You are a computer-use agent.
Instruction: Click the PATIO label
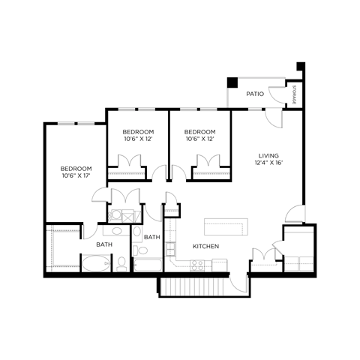tap(253, 94)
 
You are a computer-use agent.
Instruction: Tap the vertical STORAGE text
tap(295, 94)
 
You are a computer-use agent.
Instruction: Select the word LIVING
tap(268, 156)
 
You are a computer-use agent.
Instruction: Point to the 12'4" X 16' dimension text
tap(268, 163)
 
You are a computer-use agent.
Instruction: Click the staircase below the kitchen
tap(193, 286)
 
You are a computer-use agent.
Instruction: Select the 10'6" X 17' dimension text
tap(76, 176)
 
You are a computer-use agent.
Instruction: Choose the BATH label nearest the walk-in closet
tap(103, 244)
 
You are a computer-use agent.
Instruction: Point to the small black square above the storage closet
tap(301, 65)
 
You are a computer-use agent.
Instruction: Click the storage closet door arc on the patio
tap(280, 95)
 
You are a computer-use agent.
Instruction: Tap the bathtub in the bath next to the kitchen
tap(148, 263)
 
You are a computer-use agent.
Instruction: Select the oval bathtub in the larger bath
tap(95, 263)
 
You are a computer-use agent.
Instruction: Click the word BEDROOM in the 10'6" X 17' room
tap(76, 168)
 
